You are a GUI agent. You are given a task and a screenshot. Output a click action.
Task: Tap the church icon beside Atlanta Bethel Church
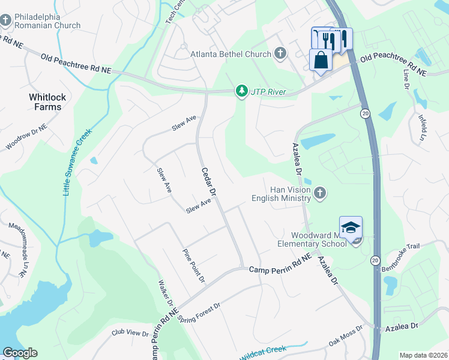280,54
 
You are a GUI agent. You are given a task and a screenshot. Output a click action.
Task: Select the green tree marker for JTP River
242,91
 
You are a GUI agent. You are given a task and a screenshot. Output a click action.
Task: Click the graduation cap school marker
351,227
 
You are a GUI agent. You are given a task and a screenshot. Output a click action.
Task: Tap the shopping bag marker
321,60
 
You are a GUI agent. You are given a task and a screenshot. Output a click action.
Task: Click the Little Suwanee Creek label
76,162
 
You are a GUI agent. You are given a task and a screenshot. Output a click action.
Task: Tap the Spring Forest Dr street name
200,310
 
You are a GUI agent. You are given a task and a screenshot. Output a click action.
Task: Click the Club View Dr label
130,332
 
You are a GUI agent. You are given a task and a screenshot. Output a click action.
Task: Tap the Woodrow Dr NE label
29,138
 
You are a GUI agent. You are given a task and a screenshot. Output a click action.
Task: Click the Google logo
20,353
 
